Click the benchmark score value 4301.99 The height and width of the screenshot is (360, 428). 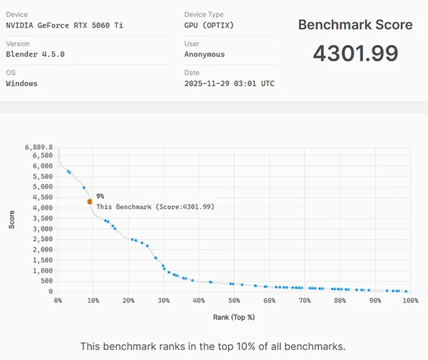pyautogui.click(x=355, y=53)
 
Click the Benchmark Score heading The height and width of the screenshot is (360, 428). pyautogui.click(x=355, y=25)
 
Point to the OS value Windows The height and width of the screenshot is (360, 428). pyautogui.click(x=21, y=83)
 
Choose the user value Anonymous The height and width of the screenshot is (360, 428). pyautogui.click(x=204, y=54)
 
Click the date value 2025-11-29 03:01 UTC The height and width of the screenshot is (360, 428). pyautogui.click(x=229, y=83)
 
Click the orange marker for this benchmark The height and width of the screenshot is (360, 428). pyautogui.click(x=90, y=202)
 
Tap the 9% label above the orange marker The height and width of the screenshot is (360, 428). pyautogui.click(x=100, y=195)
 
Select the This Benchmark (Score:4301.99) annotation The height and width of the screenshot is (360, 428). pyautogui.click(x=156, y=207)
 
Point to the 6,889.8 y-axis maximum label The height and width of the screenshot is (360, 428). pyautogui.click(x=39, y=147)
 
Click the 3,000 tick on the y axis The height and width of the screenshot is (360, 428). pyautogui.click(x=43, y=229)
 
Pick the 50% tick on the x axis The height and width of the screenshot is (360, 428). pyautogui.click(x=234, y=301)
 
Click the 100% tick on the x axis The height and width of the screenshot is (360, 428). pyautogui.click(x=409, y=301)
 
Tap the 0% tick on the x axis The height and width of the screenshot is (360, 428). pyautogui.click(x=58, y=301)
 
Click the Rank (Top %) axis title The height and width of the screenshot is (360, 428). pyautogui.click(x=234, y=317)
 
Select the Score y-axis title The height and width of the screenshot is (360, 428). pyautogui.click(x=11, y=219)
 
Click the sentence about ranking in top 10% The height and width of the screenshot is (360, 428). pyautogui.click(x=213, y=346)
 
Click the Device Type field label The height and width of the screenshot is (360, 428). pyautogui.click(x=203, y=14)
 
